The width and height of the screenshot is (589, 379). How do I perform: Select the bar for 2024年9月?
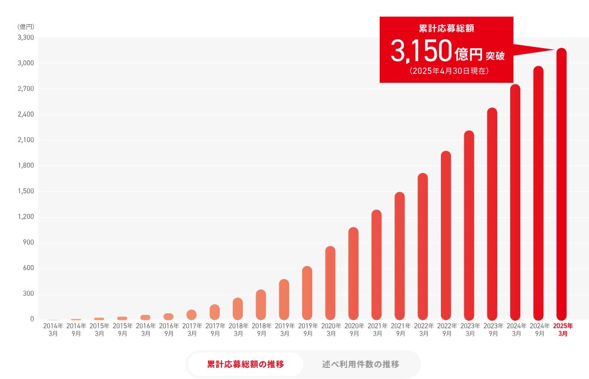(x=538, y=193)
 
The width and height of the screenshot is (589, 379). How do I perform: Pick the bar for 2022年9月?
(x=446, y=235)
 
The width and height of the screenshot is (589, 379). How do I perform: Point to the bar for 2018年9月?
(x=261, y=304)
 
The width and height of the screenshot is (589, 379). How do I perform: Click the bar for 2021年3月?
(x=376, y=265)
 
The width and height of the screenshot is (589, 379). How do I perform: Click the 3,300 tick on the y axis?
(x=26, y=38)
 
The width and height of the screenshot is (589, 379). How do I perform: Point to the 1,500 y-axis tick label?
(x=26, y=191)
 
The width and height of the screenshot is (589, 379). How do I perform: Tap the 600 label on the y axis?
(x=29, y=268)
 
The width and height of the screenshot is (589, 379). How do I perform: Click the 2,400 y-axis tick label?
(x=26, y=114)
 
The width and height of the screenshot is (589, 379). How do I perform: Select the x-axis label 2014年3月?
(x=53, y=329)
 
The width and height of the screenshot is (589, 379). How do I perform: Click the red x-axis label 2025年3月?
(x=563, y=329)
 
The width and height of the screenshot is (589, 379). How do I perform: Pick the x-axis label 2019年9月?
(x=307, y=329)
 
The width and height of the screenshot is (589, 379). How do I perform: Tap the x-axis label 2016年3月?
(x=146, y=329)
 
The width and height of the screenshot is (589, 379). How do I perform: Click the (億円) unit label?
(x=26, y=26)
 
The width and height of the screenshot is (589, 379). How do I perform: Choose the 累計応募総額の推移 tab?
(x=245, y=364)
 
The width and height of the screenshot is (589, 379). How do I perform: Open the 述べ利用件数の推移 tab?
(x=360, y=364)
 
